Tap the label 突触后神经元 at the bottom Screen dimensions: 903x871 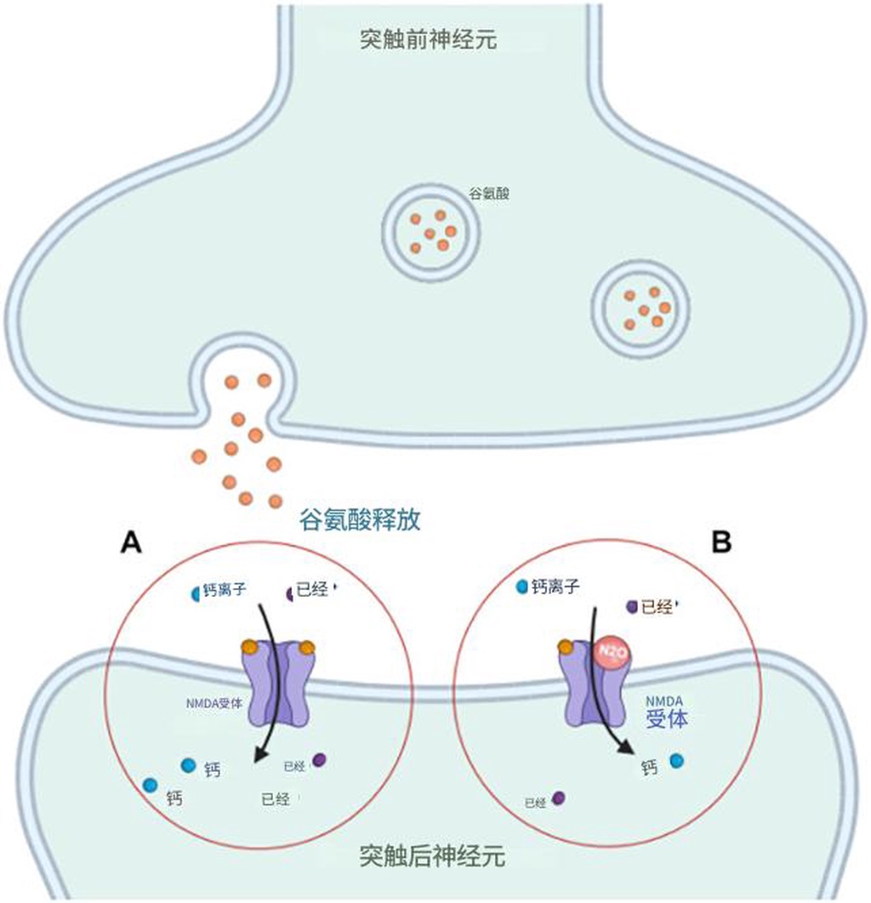433,855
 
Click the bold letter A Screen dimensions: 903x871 130,542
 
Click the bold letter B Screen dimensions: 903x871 721,542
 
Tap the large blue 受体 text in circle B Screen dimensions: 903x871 666,718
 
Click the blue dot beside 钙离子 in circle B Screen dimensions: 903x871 522,587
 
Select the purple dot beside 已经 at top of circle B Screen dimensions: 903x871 631,606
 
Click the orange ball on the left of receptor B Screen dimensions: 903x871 565,649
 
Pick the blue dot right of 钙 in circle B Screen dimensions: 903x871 677,761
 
